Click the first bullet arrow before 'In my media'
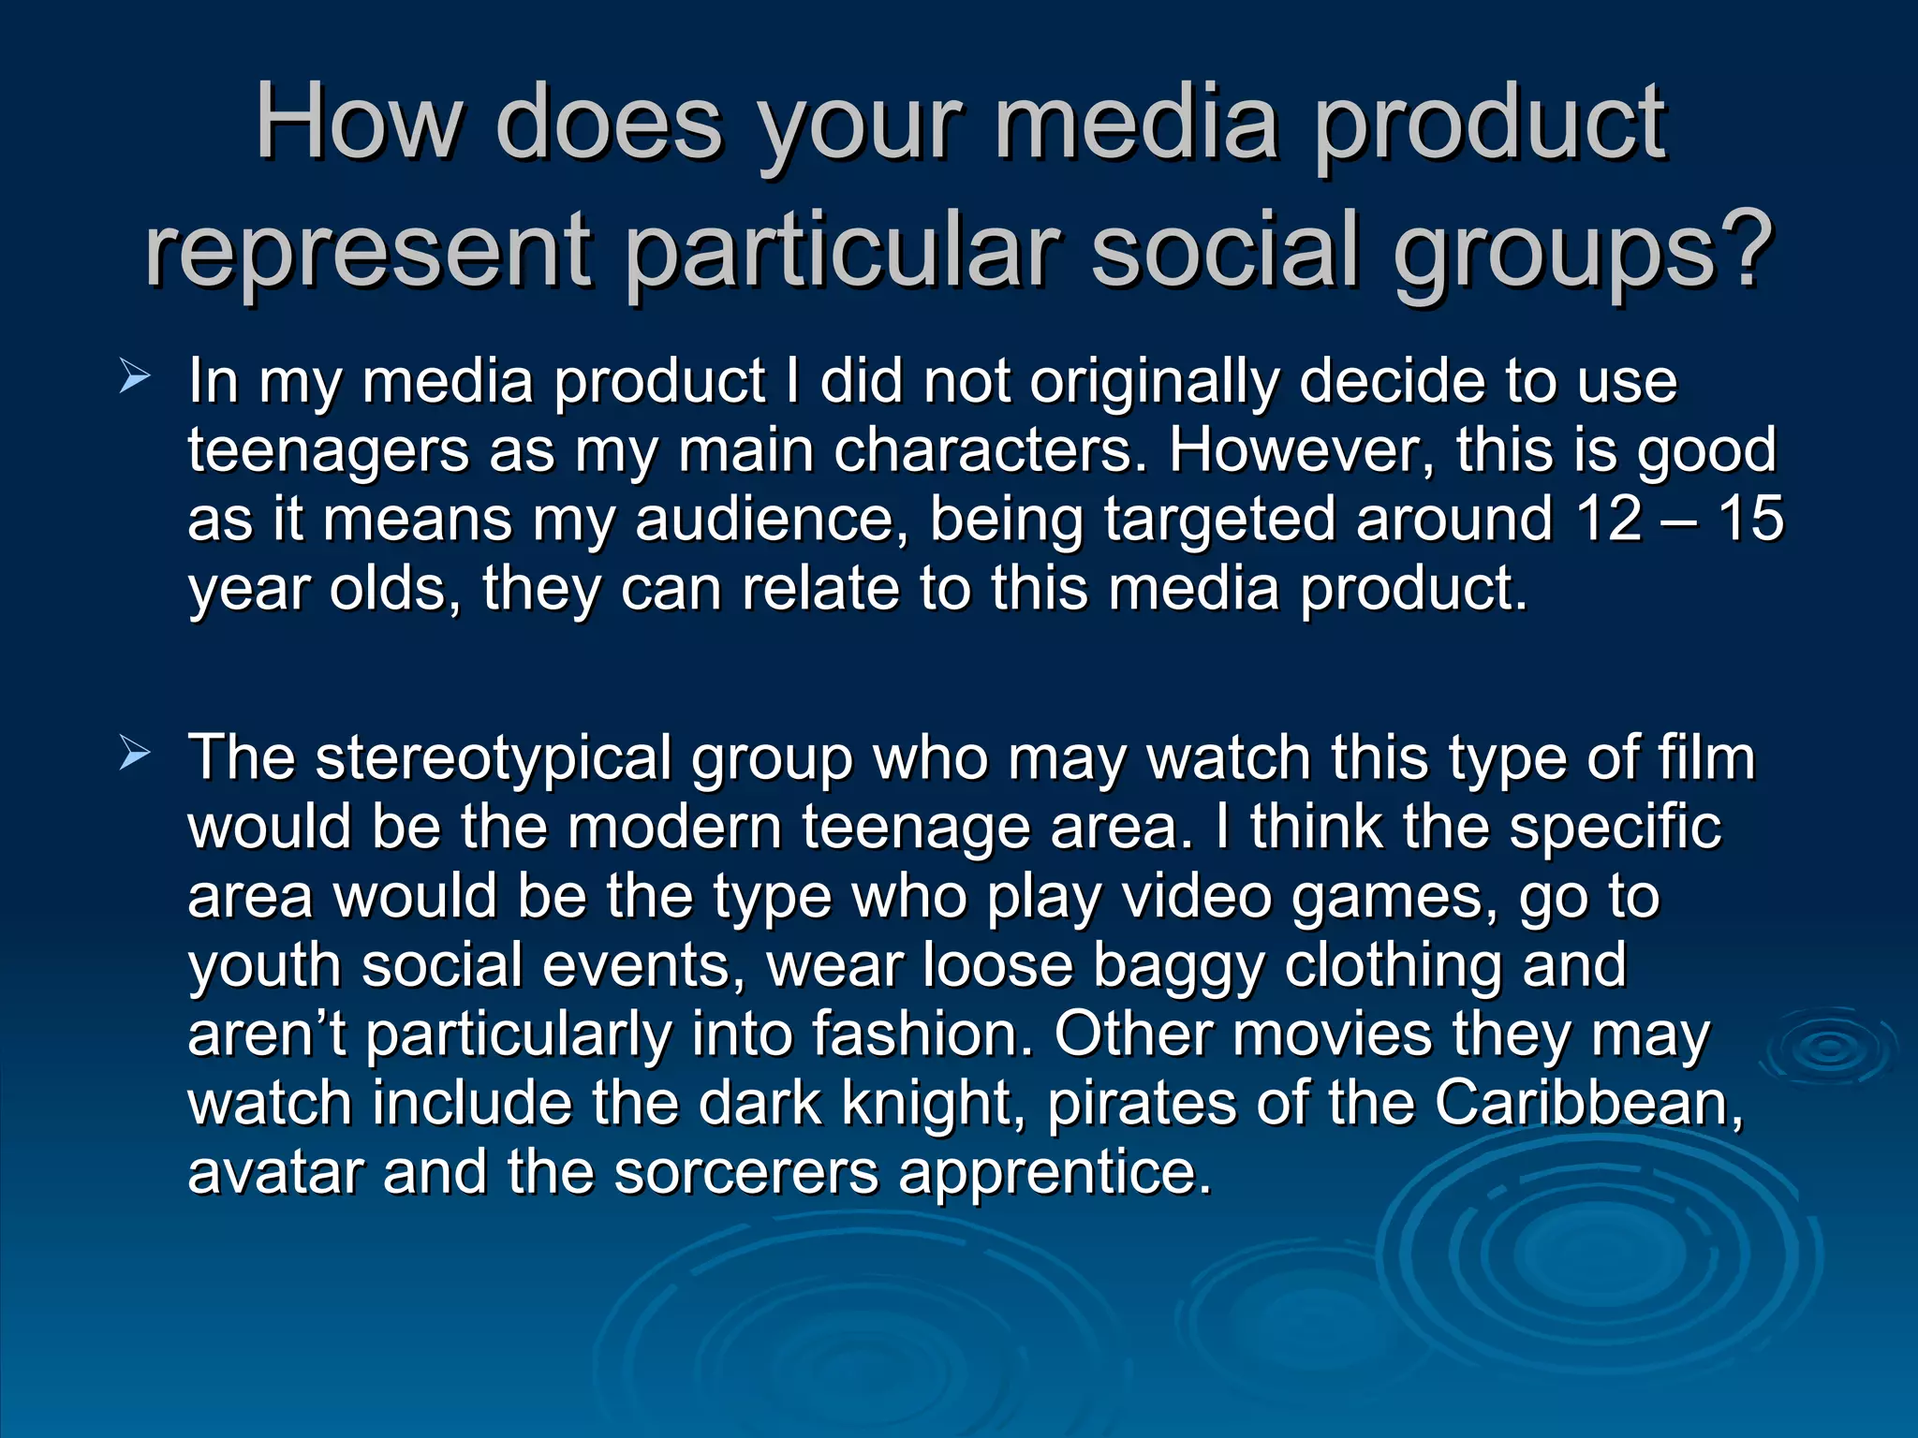pos(135,378)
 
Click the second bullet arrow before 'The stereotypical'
pos(135,754)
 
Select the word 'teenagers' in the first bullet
pos(328,451)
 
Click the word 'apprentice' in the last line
pos(1054,1174)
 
